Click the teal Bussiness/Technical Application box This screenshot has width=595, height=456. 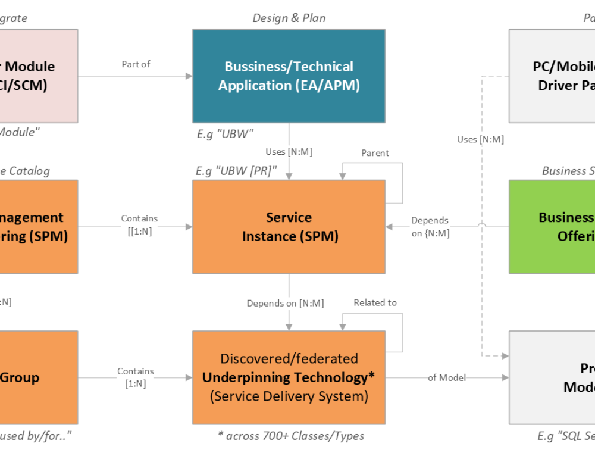point(289,76)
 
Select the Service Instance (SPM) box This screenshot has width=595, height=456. point(289,227)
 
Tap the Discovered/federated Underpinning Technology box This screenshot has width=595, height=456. point(289,377)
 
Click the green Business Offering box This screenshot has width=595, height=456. point(552,227)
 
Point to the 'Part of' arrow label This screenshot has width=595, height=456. point(136,64)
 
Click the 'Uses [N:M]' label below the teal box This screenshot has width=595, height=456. point(289,152)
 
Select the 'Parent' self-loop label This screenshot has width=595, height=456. point(375,153)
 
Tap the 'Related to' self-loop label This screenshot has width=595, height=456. point(375,303)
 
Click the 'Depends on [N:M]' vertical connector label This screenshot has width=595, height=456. point(286,304)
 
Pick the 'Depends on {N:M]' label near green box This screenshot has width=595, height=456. point(430,227)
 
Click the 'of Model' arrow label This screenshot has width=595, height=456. point(447,378)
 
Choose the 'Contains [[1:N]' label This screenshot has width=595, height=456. point(139,225)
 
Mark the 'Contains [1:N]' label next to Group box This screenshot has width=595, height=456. point(136,377)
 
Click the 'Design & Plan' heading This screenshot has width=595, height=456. point(289,18)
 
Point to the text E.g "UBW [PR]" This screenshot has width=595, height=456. point(236,171)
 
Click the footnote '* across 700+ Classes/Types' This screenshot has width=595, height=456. point(290,436)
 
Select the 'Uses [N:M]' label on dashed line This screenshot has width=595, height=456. point(480,139)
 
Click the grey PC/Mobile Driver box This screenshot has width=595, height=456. point(552,76)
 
